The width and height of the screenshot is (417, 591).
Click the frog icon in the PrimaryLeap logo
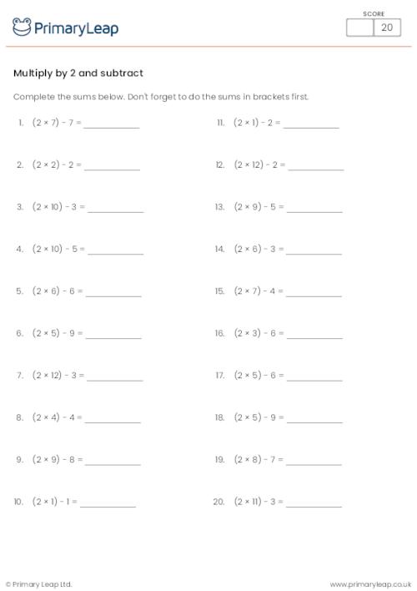pyautogui.click(x=23, y=28)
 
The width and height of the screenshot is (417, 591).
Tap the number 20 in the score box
pyautogui.click(x=386, y=28)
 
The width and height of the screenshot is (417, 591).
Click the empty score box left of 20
pyautogui.click(x=359, y=28)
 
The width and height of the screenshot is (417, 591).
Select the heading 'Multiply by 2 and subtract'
pyautogui.click(x=78, y=73)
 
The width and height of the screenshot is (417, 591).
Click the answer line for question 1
pyautogui.click(x=112, y=126)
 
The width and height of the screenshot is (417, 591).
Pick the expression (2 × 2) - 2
pyautogui.click(x=55, y=165)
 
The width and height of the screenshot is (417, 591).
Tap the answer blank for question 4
pyautogui.click(x=114, y=252)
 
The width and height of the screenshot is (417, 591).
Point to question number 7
pyautogui.click(x=19, y=376)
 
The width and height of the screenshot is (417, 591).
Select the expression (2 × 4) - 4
pyautogui.click(x=55, y=417)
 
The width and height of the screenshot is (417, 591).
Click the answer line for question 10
pyautogui.click(x=108, y=505)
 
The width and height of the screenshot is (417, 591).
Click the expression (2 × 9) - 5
pyautogui.click(x=259, y=207)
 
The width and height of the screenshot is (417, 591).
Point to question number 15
pyautogui.click(x=220, y=291)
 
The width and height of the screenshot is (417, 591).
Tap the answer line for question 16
pyautogui.click(x=314, y=336)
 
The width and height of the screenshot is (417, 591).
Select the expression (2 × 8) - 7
pyautogui.click(x=259, y=459)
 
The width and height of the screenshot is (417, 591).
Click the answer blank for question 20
pyautogui.click(x=314, y=505)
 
